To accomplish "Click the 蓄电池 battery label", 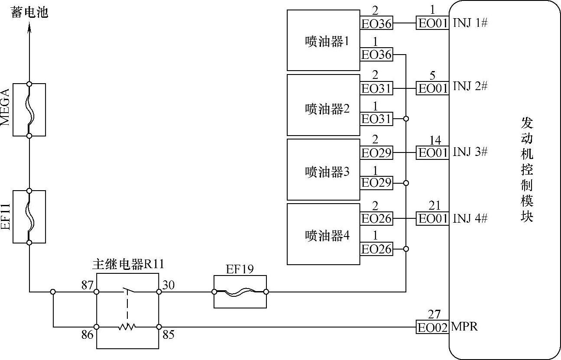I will [x=29, y=13].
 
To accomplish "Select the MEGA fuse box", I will [x=29, y=110].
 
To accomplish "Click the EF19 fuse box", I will [x=240, y=292].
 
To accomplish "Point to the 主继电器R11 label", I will [x=128, y=264].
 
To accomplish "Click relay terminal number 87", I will [x=88, y=285].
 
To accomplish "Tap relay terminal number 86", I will [x=88, y=335].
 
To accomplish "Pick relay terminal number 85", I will [x=168, y=335].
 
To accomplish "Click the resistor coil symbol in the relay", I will [x=127, y=327].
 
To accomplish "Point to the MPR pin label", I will [x=464, y=327].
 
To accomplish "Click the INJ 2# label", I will [x=470, y=86].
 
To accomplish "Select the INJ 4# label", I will [x=470, y=218].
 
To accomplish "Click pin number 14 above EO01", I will [x=435, y=141].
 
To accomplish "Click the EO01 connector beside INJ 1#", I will [x=432, y=23].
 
